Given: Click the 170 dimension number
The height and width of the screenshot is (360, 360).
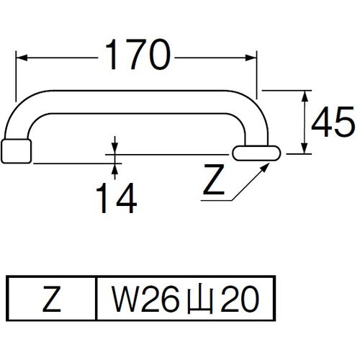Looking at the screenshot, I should (137, 55).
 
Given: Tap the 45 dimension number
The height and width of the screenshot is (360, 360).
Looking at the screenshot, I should (332, 123).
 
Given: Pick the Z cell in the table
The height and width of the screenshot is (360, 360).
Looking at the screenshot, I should (51, 297).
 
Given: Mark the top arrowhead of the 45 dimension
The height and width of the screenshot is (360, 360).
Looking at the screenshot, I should (306, 94).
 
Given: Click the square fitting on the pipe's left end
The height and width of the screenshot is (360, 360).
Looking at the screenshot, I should (16, 151).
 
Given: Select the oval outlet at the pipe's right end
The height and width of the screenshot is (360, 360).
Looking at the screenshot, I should (257, 152).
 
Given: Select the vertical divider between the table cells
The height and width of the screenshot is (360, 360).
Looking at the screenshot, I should (96, 297).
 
